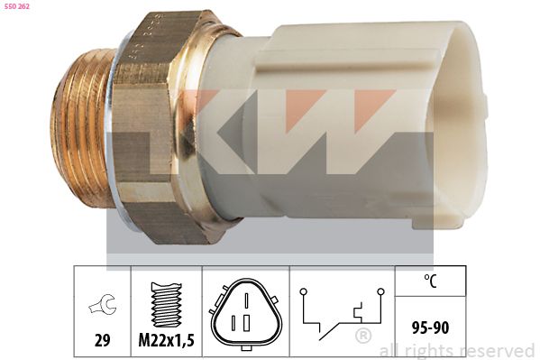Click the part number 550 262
coord(18,6)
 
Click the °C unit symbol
coord(433,280)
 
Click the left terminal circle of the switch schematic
coord(305,291)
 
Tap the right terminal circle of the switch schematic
coord(381,291)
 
